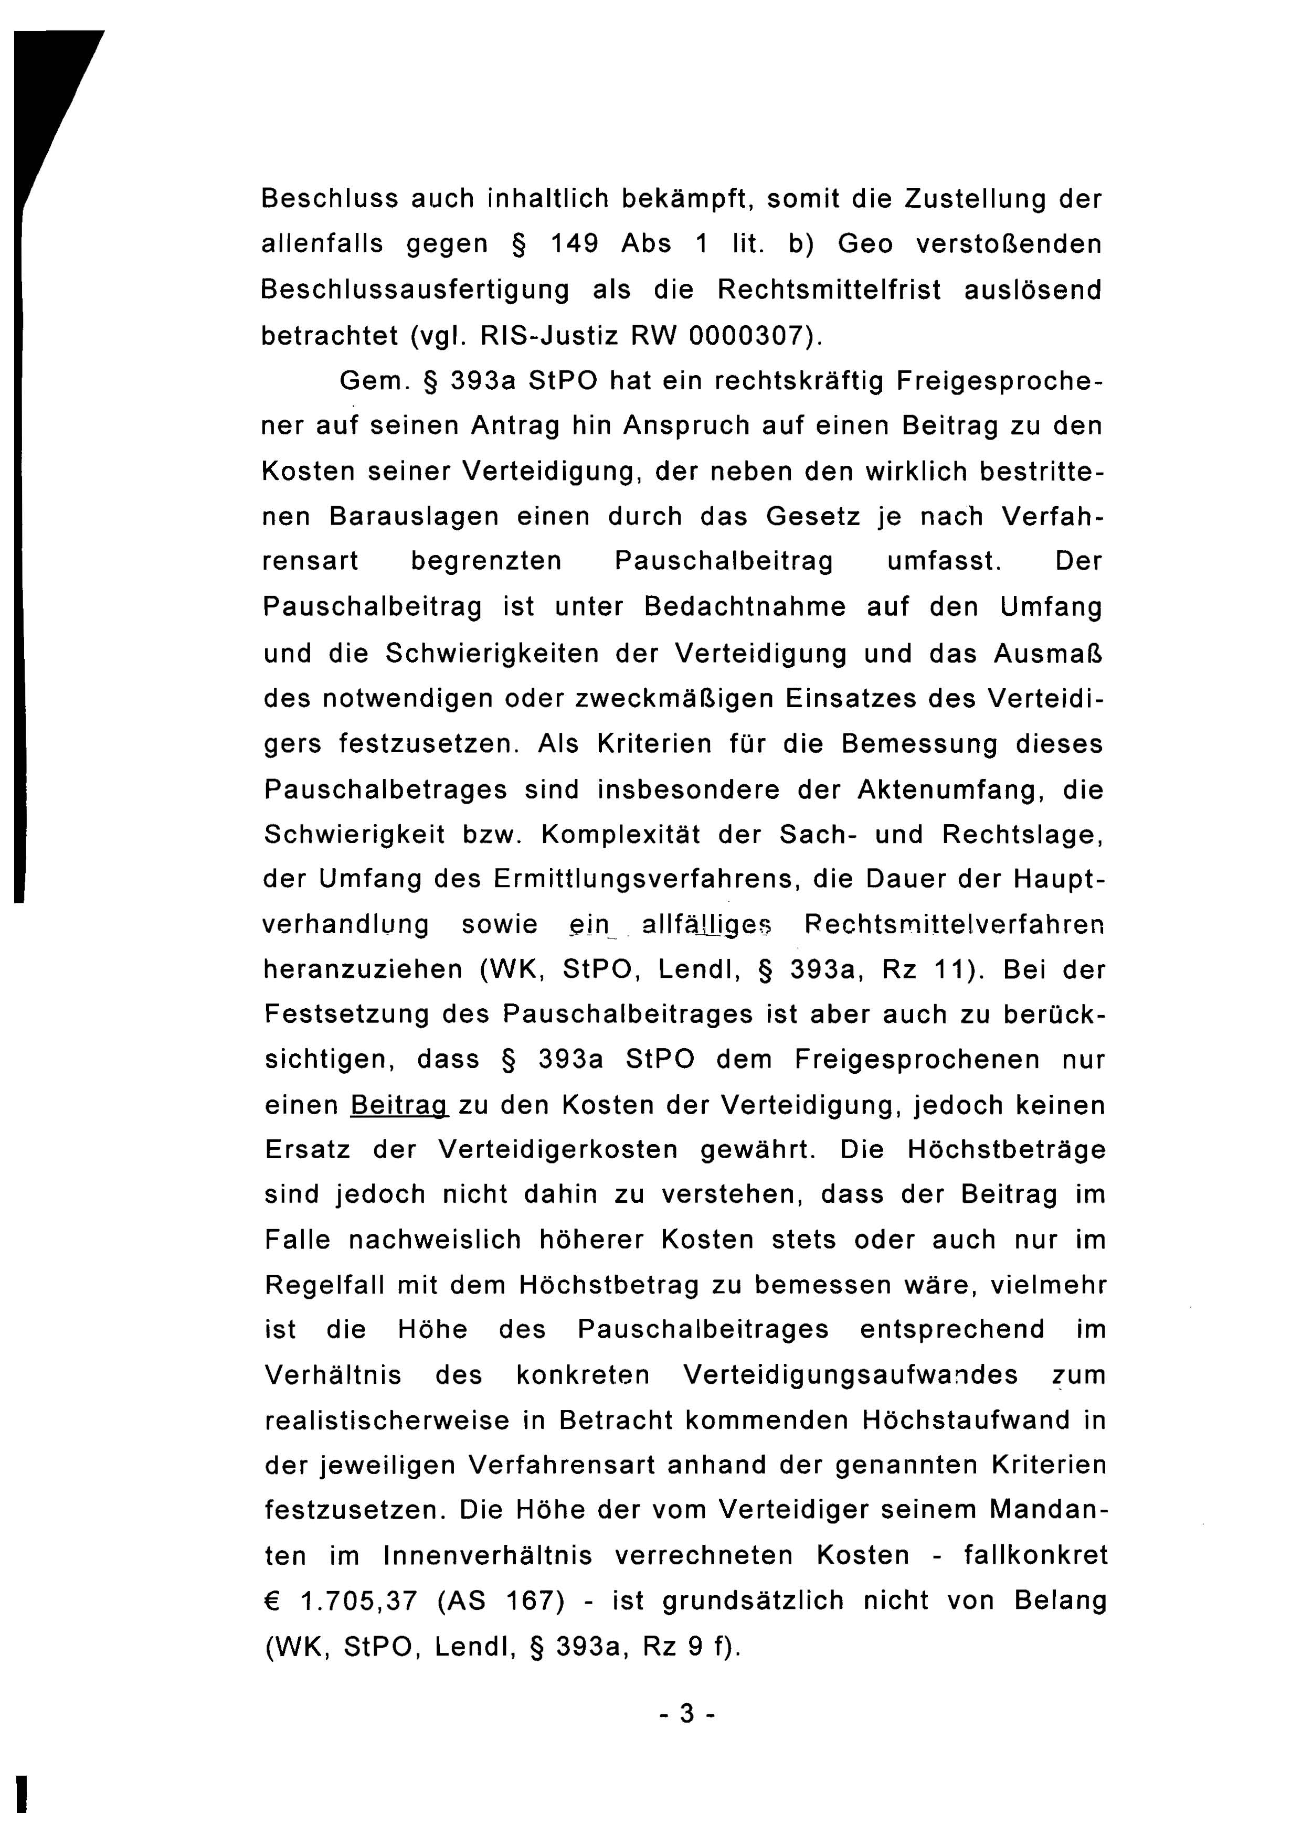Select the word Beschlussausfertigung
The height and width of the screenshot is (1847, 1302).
(x=415, y=290)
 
